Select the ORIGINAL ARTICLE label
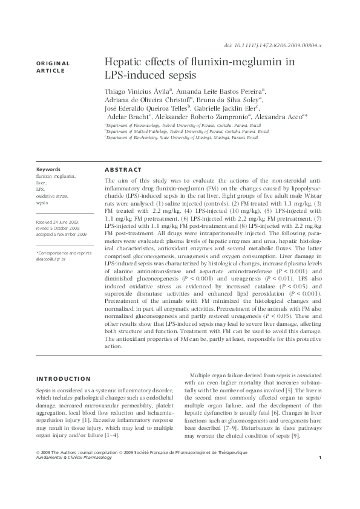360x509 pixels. point(53,66)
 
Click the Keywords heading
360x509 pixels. point(48,169)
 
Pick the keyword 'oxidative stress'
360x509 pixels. point(53,197)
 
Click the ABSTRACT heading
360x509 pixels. point(123,170)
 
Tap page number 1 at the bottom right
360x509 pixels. point(319,475)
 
